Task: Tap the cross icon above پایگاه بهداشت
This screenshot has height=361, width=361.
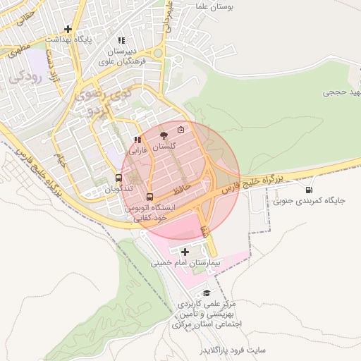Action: pos(68,29)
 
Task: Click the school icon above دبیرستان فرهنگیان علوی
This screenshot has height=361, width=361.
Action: pos(122,40)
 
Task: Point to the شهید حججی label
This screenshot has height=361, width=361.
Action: pos(341,92)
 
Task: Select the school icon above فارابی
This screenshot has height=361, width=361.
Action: pos(137,140)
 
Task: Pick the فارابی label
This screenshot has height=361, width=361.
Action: pos(137,151)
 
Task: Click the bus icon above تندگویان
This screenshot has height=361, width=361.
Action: pos(118,178)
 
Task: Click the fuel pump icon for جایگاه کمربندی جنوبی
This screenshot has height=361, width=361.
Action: pos(309,190)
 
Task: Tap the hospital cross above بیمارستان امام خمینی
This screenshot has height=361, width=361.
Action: pos(185,252)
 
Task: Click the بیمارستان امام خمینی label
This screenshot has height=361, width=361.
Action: pos(187,263)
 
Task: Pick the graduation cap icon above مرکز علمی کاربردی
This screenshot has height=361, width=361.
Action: pos(207,293)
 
